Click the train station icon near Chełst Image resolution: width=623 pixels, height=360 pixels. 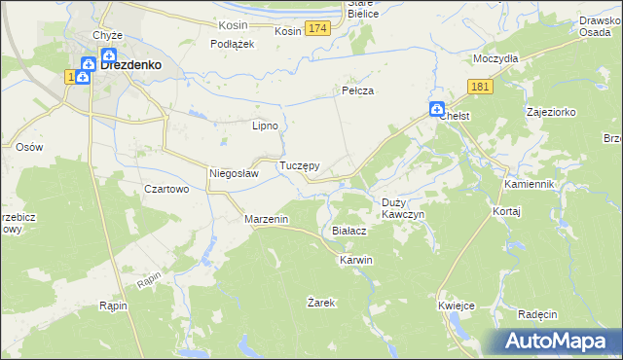(437, 108)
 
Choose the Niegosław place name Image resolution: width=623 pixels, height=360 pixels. (234, 174)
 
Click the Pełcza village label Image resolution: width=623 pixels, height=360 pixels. (357, 90)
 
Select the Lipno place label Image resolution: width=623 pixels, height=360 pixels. (266, 126)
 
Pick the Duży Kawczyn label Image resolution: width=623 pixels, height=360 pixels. (399, 208)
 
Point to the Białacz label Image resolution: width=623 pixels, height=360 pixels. (348, 232)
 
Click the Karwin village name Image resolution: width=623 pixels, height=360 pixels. (356, 261)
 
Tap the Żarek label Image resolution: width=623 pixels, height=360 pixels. (321, 303)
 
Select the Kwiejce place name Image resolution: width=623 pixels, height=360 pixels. (457, 306)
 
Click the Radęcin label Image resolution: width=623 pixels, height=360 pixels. (537, 314)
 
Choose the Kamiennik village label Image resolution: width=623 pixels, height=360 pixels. (529, 184)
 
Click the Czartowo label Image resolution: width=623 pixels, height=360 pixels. (165, 190)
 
